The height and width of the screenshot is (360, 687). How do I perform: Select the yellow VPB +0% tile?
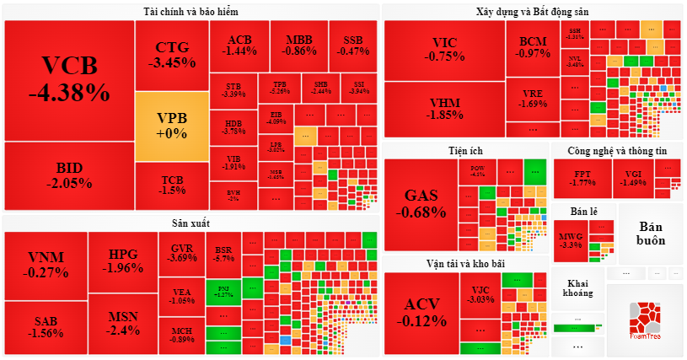click(x=171, y=126)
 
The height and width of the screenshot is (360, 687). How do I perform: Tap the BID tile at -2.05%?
click(x=69, y=175)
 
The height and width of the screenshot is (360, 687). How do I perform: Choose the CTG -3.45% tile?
click(x=171, y=54)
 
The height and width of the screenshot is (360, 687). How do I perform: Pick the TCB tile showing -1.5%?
click(x=172, y=185)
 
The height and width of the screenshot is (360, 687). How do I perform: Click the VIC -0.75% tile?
click(x=444, y=50)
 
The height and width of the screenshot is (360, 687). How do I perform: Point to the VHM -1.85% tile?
click(x=444, y=109)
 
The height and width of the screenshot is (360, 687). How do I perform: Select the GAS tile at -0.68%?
click(x=421, y=203)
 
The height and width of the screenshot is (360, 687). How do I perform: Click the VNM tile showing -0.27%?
click(x=46, y=264)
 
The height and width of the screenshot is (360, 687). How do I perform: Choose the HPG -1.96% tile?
click(x=122, y=261)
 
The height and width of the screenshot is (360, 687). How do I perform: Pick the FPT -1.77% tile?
click(x=582, y=178)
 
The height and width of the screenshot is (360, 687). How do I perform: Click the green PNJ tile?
click(x=224, y=291)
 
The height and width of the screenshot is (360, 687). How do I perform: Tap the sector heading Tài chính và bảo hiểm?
click(x=191, y=12)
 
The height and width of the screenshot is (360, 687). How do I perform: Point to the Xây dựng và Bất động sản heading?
click(x=532, y=12)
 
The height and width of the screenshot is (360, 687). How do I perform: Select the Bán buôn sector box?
click(x=652, y=234)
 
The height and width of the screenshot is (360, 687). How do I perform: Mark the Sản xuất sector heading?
click(x=191, y=223)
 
